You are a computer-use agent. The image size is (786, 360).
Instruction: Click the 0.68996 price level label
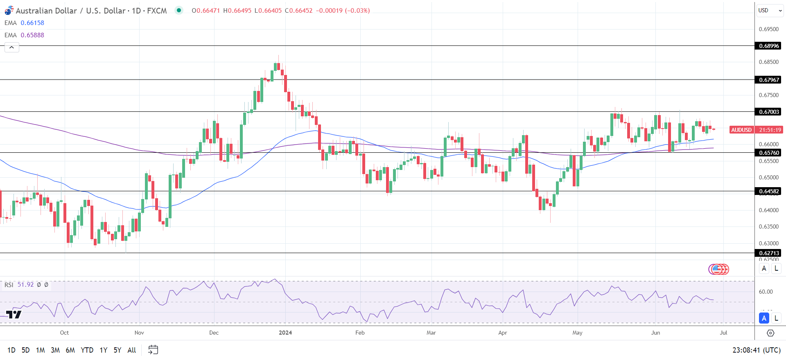point(768,46)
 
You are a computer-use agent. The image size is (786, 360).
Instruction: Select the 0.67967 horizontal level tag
point(768,80)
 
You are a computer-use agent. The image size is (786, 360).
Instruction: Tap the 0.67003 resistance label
point(768,112)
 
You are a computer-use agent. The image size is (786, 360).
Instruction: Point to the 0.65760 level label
point(768,153)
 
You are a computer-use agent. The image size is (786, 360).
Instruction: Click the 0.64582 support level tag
point(768,191)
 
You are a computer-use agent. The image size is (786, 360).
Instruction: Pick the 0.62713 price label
point(768,253)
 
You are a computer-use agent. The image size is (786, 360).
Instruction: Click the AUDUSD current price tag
point(741,130)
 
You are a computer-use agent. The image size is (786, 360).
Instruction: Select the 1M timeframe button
point(40,350)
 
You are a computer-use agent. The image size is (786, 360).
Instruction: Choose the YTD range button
point(87,350)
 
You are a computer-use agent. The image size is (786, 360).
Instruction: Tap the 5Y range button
point(117,350)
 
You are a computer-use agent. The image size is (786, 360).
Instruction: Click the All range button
point(131,350)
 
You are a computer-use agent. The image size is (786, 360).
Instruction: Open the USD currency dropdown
point(769,11)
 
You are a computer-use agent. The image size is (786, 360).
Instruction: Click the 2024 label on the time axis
point(285,333)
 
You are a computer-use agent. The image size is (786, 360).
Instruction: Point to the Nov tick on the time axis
point(139,333)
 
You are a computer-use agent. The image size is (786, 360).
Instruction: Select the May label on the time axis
point(577,333)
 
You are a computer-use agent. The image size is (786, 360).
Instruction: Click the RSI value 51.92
point(25,285)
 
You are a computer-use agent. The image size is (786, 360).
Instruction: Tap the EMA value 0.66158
point(32,23)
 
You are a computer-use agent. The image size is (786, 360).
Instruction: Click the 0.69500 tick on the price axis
point(768,29)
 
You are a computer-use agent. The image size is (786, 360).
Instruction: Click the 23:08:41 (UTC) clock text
point(756,350)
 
